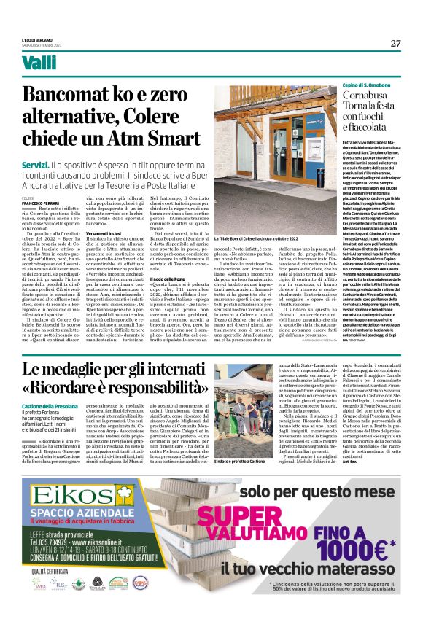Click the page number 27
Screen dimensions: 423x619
395,43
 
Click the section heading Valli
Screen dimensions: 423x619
39,63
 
